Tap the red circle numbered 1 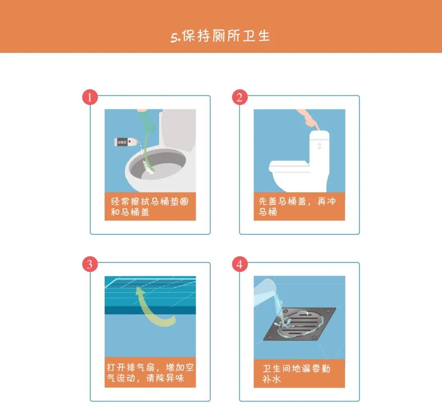(90, 98)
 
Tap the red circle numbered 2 (240, 98)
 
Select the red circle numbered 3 (90, 264)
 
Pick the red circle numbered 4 (240, 264)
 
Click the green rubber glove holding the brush (147, 123)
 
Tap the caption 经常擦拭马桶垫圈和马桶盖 (150, 207)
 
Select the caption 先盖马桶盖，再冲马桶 (299, 207)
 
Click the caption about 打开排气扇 (150, 372)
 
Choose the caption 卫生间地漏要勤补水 (299, 373)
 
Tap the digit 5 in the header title (174, 37)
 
